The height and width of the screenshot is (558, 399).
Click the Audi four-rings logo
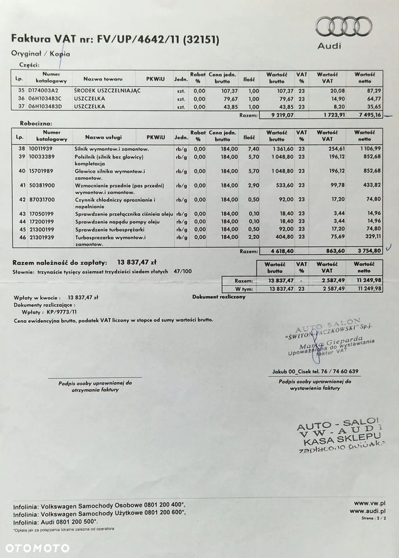[x=343, y=26]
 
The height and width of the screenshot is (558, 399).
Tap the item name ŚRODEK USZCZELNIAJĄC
[x=108, y=90]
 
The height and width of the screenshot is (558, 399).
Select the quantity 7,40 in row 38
[x=253, y=150]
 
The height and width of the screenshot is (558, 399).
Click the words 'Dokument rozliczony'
[x=218, y=297]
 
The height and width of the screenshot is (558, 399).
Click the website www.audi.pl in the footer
[x=368, y=511]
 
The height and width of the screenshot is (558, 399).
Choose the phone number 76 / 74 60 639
[x=340, y=371]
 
